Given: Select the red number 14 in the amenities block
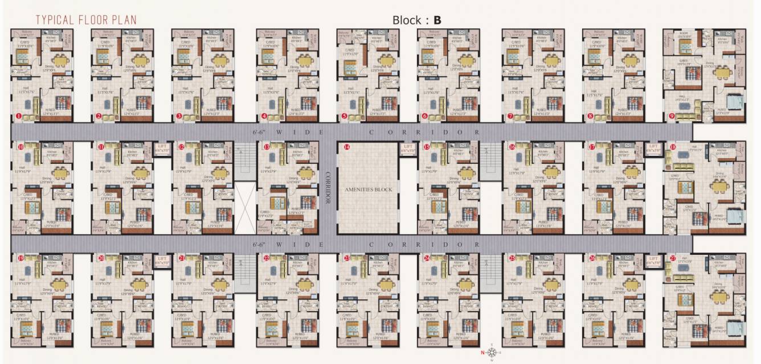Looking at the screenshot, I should coord(346,147).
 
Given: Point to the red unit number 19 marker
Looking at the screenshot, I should coord(21,258).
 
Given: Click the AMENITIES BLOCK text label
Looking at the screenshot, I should coord(367,189).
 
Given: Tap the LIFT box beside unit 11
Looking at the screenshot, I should coord(162,149).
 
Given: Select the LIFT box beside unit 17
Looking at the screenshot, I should coord(654,149).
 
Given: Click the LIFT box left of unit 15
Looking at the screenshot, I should coord(407,149).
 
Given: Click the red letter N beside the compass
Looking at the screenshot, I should coord(482,353).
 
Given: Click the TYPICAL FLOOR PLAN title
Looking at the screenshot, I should coord(86,20).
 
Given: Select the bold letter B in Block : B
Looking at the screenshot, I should coord(437,20).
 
